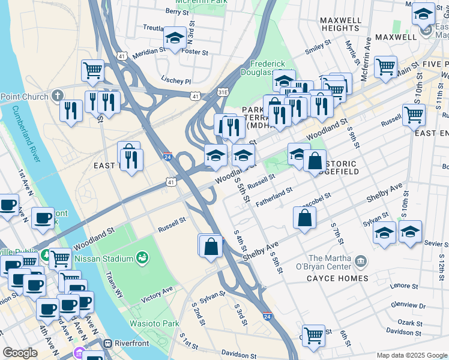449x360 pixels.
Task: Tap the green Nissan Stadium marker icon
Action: [143, 258]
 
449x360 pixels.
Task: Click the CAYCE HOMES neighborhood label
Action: [337, 278]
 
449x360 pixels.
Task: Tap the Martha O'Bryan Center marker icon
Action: [361, 261]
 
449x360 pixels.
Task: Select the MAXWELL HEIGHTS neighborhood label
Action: [340, 24]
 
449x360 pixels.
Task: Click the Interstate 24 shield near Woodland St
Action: [169, 157]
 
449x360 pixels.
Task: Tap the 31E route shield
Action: [223, 92]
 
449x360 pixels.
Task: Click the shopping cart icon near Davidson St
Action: [313, 335]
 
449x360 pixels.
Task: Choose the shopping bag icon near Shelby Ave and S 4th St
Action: [210, 246]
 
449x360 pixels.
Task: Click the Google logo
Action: [20, 353]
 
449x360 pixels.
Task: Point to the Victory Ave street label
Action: [157, 293]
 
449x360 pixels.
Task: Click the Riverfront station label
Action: [134, 344]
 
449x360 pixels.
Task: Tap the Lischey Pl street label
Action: [176, 81]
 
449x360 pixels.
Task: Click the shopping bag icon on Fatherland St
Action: [305, 218]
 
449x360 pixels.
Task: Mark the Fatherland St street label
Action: [274, 196]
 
